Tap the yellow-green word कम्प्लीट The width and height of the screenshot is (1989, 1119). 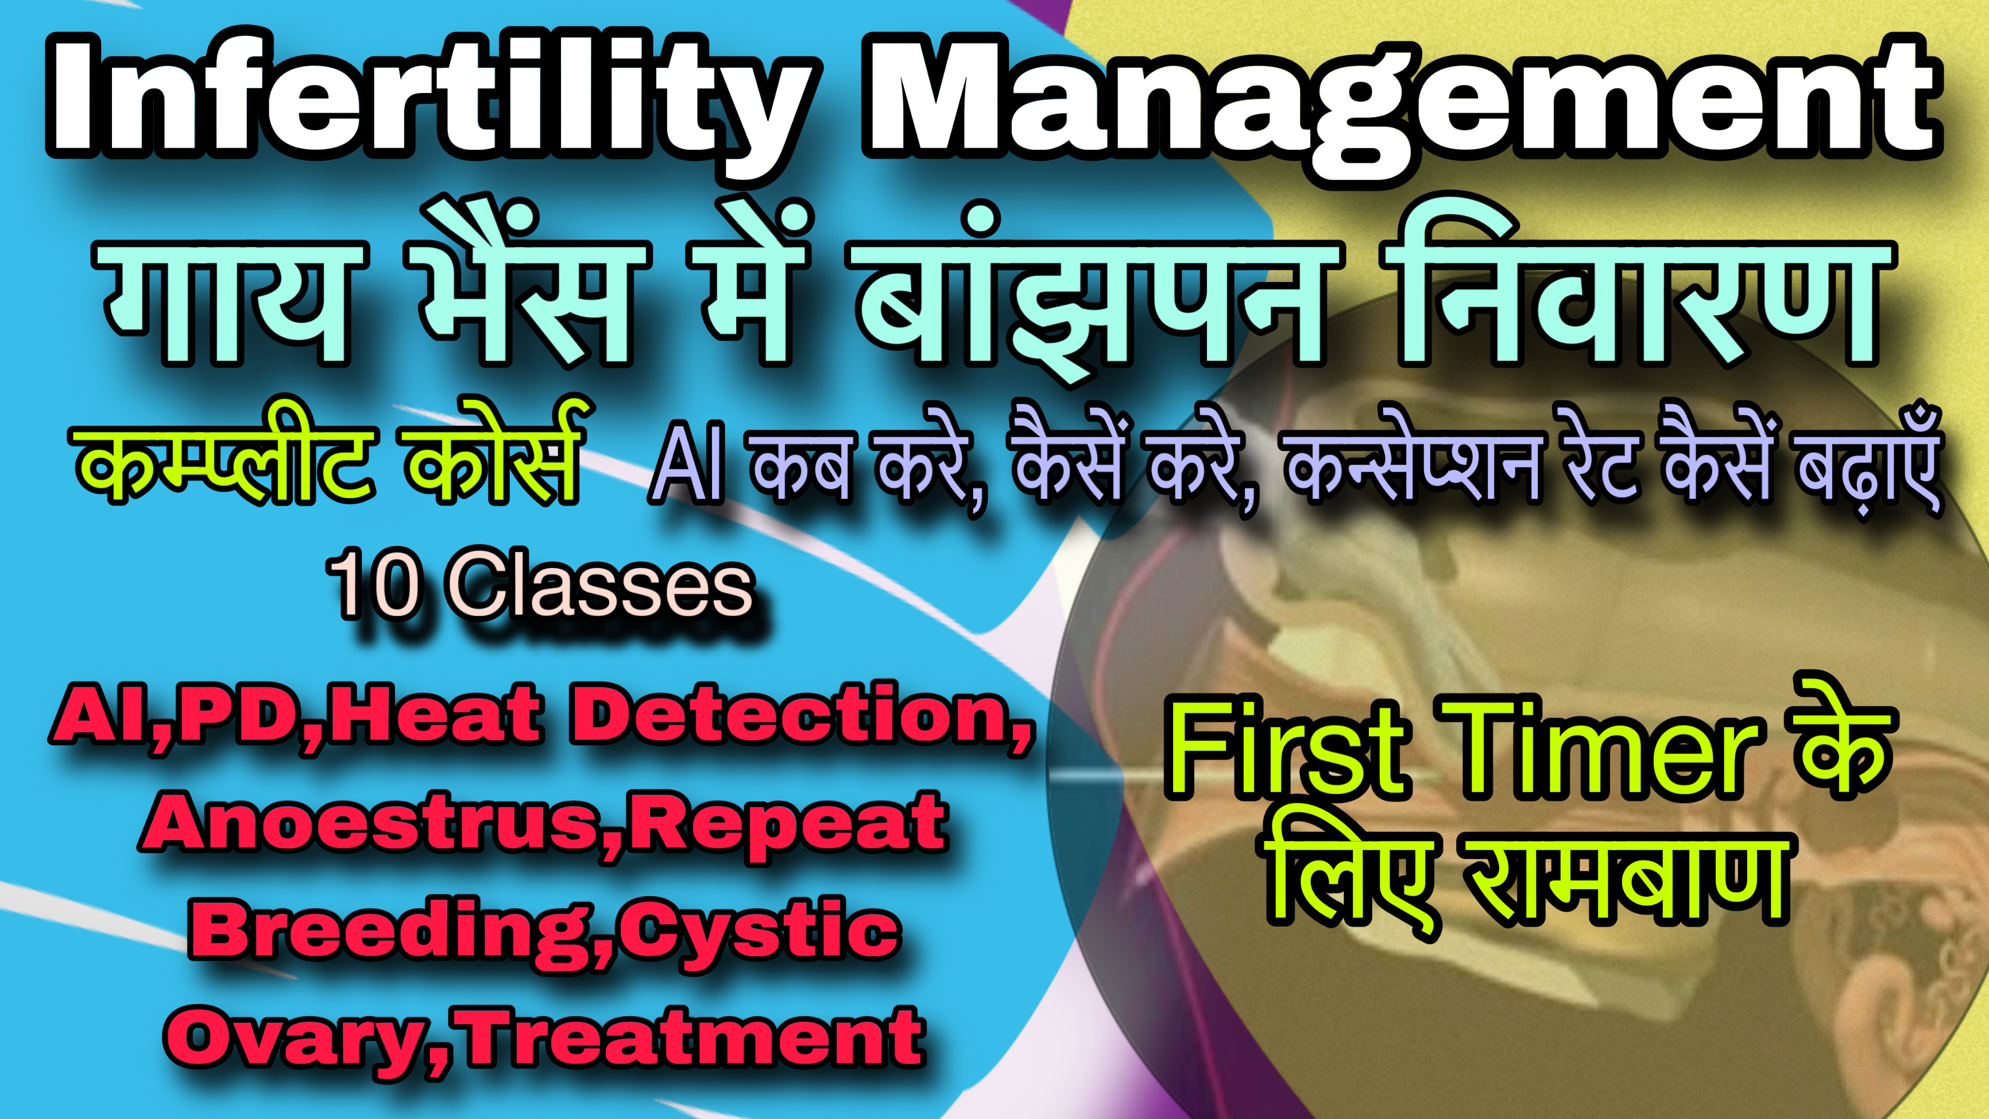[x=224, y=464]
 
